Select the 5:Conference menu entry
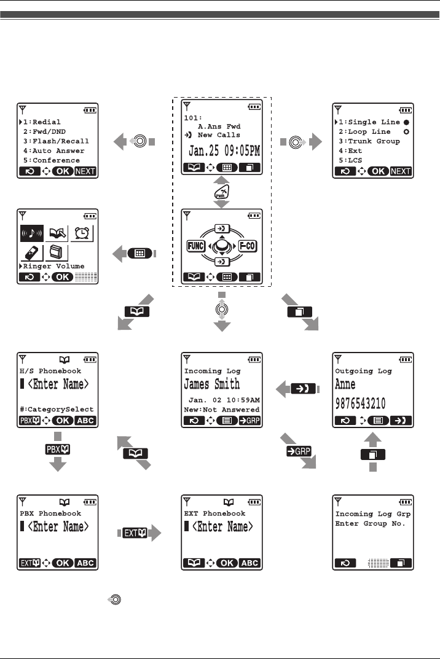coord(54,160)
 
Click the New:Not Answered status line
coord(222,409)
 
